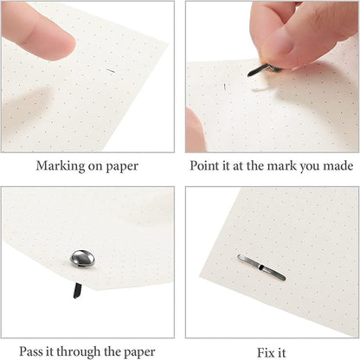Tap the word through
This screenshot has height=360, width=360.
[88, 350]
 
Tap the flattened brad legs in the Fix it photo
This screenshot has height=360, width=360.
[261, 260]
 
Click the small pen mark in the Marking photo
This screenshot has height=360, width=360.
[110, 69]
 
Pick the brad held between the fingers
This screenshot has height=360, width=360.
[262, 67]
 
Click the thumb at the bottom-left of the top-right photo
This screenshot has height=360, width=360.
[196, 130]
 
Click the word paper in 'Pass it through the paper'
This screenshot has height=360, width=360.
[140, 350]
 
